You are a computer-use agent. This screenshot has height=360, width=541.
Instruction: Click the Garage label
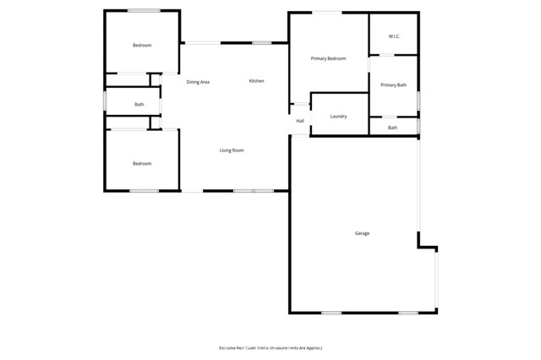tap(361, 233)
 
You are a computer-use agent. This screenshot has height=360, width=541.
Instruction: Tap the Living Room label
tap(232, 150)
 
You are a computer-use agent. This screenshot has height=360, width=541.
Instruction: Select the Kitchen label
tap(256, 81)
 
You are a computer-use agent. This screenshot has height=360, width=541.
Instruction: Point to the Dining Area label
tap(198, 82)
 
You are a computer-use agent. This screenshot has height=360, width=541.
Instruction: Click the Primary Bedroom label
tap(329, 58)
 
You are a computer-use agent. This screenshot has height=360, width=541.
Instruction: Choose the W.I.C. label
tap(394, 36)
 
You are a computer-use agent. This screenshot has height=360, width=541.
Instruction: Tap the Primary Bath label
tap(393, 85)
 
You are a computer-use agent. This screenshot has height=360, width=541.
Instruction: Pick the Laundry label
tap(338, 116)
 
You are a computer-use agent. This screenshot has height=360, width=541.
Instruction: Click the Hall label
tap(300, 121)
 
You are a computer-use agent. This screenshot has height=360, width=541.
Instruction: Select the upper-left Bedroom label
tap(141, 45)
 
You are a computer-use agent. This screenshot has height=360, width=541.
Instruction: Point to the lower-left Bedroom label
tap(141, 163)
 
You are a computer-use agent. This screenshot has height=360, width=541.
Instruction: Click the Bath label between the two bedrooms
tap(139, 105)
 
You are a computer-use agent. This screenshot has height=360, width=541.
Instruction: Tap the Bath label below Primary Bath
tap(392, 128)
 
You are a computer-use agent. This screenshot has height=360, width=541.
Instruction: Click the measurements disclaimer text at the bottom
tap(270, 347)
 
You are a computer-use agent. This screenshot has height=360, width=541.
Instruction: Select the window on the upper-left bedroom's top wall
tap(145, 10)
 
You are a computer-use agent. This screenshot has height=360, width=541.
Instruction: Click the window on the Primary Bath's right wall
tap(418, 100)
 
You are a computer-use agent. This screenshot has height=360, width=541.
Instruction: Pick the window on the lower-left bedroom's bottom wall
tap(144, 190)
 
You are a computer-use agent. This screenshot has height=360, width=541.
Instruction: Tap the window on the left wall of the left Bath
tap(105, 101)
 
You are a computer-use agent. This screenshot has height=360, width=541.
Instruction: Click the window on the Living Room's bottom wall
tap(248, 190)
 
